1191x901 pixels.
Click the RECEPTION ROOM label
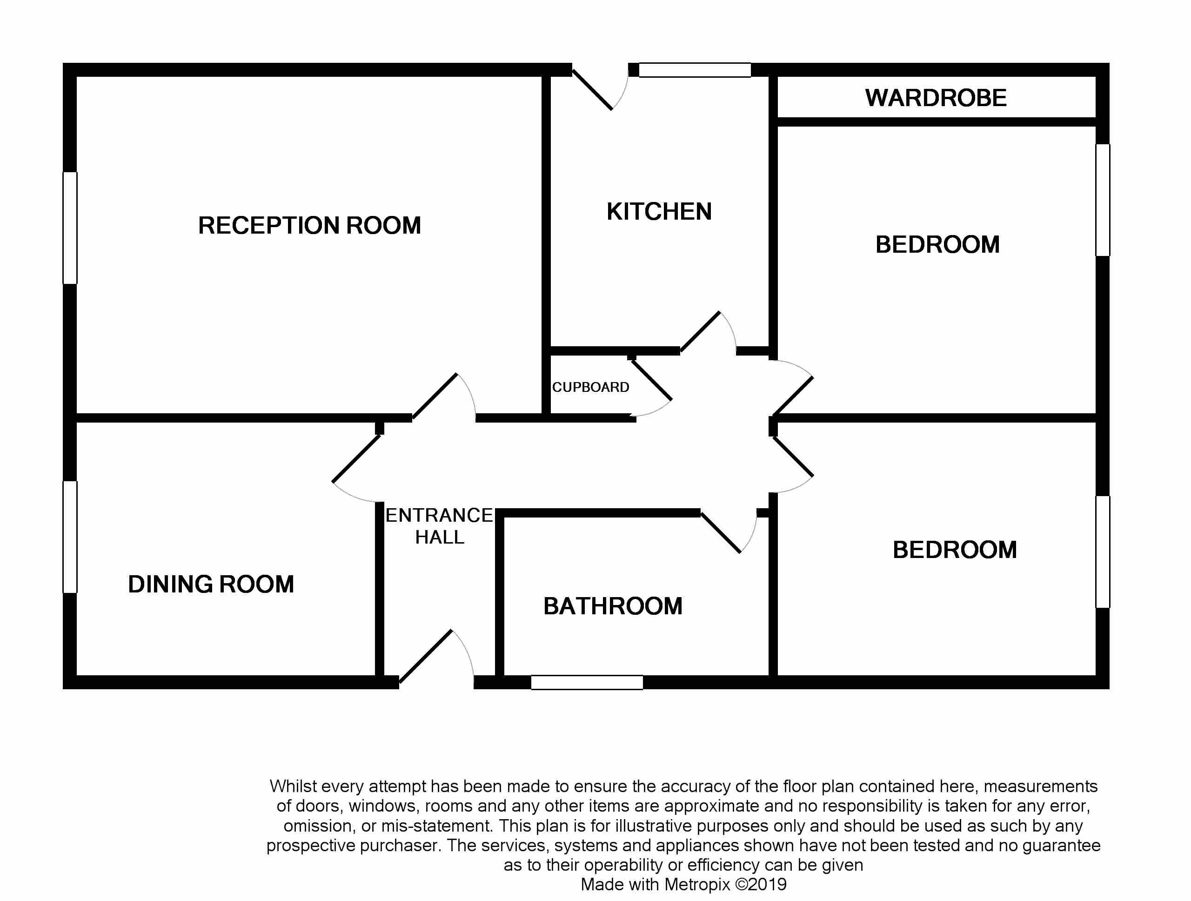tap(309, 225)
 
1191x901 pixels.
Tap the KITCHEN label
tap(659, 211)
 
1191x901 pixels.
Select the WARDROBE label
tap(936, 97)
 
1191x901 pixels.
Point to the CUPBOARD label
tap(591, 387)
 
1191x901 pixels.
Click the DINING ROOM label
tap(211, 584)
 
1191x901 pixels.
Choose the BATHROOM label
tap(613, 606)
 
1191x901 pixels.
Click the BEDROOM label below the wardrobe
tap(937, 244)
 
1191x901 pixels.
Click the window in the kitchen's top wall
tap(695, 70)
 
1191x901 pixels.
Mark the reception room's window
tap(70, 228)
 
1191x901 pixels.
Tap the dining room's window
tap(70, 537)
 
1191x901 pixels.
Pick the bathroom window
tap(587, 682)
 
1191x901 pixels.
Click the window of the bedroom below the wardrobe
tap(1103, 200)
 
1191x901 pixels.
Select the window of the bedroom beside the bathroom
tap(1103, 552)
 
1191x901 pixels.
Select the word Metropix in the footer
tap(697, 884)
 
